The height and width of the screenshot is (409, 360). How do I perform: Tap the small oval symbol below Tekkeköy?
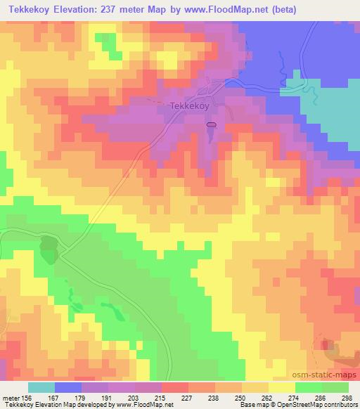[211, 124]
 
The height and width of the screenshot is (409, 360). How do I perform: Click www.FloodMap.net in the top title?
[216, 10]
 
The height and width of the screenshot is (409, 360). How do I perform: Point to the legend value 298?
[347, 397]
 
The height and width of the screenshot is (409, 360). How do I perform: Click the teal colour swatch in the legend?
[41, 387]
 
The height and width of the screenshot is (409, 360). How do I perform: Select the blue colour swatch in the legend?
[68, 387]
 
